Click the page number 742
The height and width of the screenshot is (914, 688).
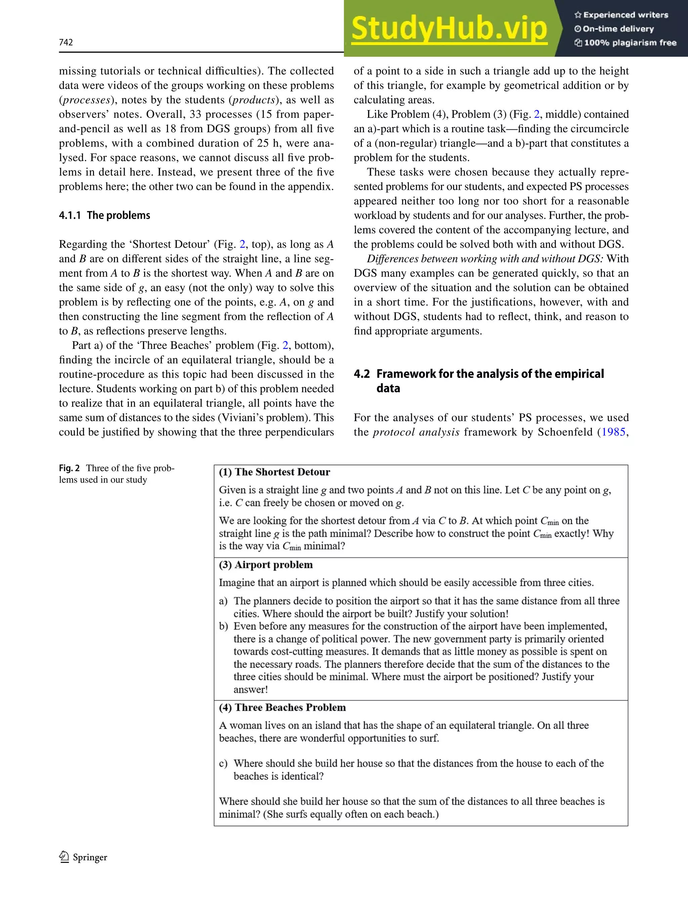click(x=66, y=42)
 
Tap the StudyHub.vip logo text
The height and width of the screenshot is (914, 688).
click(x=449, y=29)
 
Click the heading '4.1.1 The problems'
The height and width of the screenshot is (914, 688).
click(x=104, y=215)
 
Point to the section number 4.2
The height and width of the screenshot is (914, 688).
click(x=361, y=374)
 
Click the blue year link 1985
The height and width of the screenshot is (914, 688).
click(x=613, y=432)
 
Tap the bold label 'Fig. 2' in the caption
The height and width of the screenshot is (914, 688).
click(x=69, y=468)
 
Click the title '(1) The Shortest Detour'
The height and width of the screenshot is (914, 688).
click(x=274, y=472)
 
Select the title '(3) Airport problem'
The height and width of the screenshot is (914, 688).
click(x=265, y=565)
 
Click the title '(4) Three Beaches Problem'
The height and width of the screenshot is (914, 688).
click(x=282, y=707)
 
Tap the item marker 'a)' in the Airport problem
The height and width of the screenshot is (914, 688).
click(x=223, y=601)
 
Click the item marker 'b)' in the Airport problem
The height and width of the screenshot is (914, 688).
click(x=223, y=626)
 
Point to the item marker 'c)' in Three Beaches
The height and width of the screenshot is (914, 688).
click(x=223, y=763)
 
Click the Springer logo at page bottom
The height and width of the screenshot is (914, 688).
click(x=83, y=857)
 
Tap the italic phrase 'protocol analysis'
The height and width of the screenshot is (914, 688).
click(x=416, y=432)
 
